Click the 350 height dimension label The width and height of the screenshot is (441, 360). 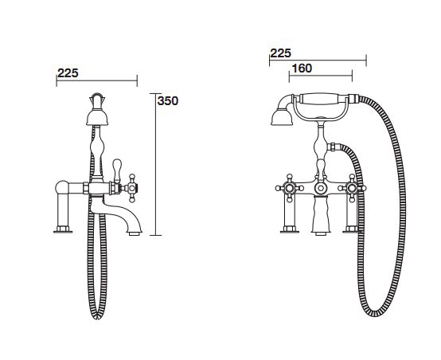(x=168, y=101)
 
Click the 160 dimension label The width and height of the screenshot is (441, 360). (x=302, y=68)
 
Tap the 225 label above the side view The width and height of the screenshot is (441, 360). (x=68, y=73)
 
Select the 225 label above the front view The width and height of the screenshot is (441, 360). (x=280, y=53)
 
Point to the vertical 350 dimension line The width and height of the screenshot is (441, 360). (x=155, y=164)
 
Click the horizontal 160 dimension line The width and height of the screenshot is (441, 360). (x=321, y=76)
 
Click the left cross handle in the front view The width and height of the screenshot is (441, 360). (x=290, y=188)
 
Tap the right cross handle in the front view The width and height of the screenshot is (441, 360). (x=352, y=188)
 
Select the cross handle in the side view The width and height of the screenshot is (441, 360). (x=131, y=188)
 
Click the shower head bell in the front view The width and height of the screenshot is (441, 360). (x=282, y=118)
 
